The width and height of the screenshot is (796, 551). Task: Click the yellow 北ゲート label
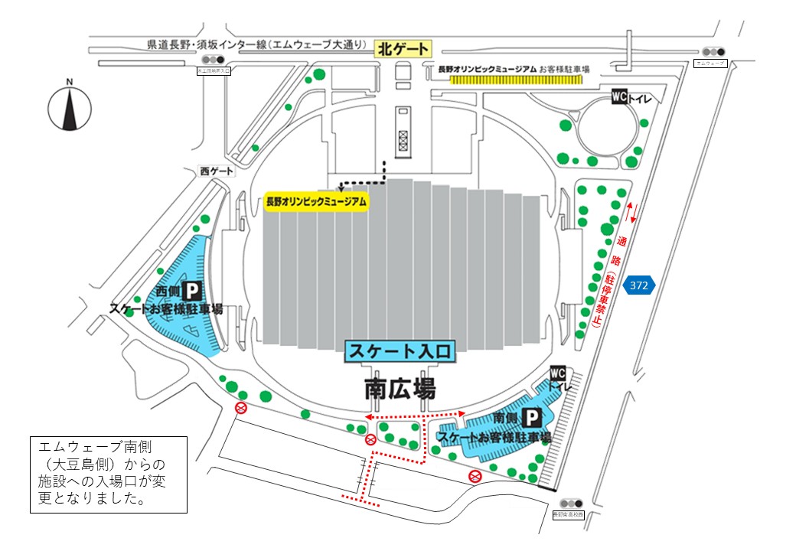coord(403,50)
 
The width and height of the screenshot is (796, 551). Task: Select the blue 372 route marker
coord(640,285)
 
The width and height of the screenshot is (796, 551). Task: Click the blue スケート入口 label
coord(402,351)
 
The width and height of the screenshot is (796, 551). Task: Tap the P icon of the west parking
coord(194,291)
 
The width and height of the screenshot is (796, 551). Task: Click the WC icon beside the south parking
coord(558,373)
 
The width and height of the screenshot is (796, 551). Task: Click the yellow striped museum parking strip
coord(517,79)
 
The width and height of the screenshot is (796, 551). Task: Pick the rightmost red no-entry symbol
coord(475,477)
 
